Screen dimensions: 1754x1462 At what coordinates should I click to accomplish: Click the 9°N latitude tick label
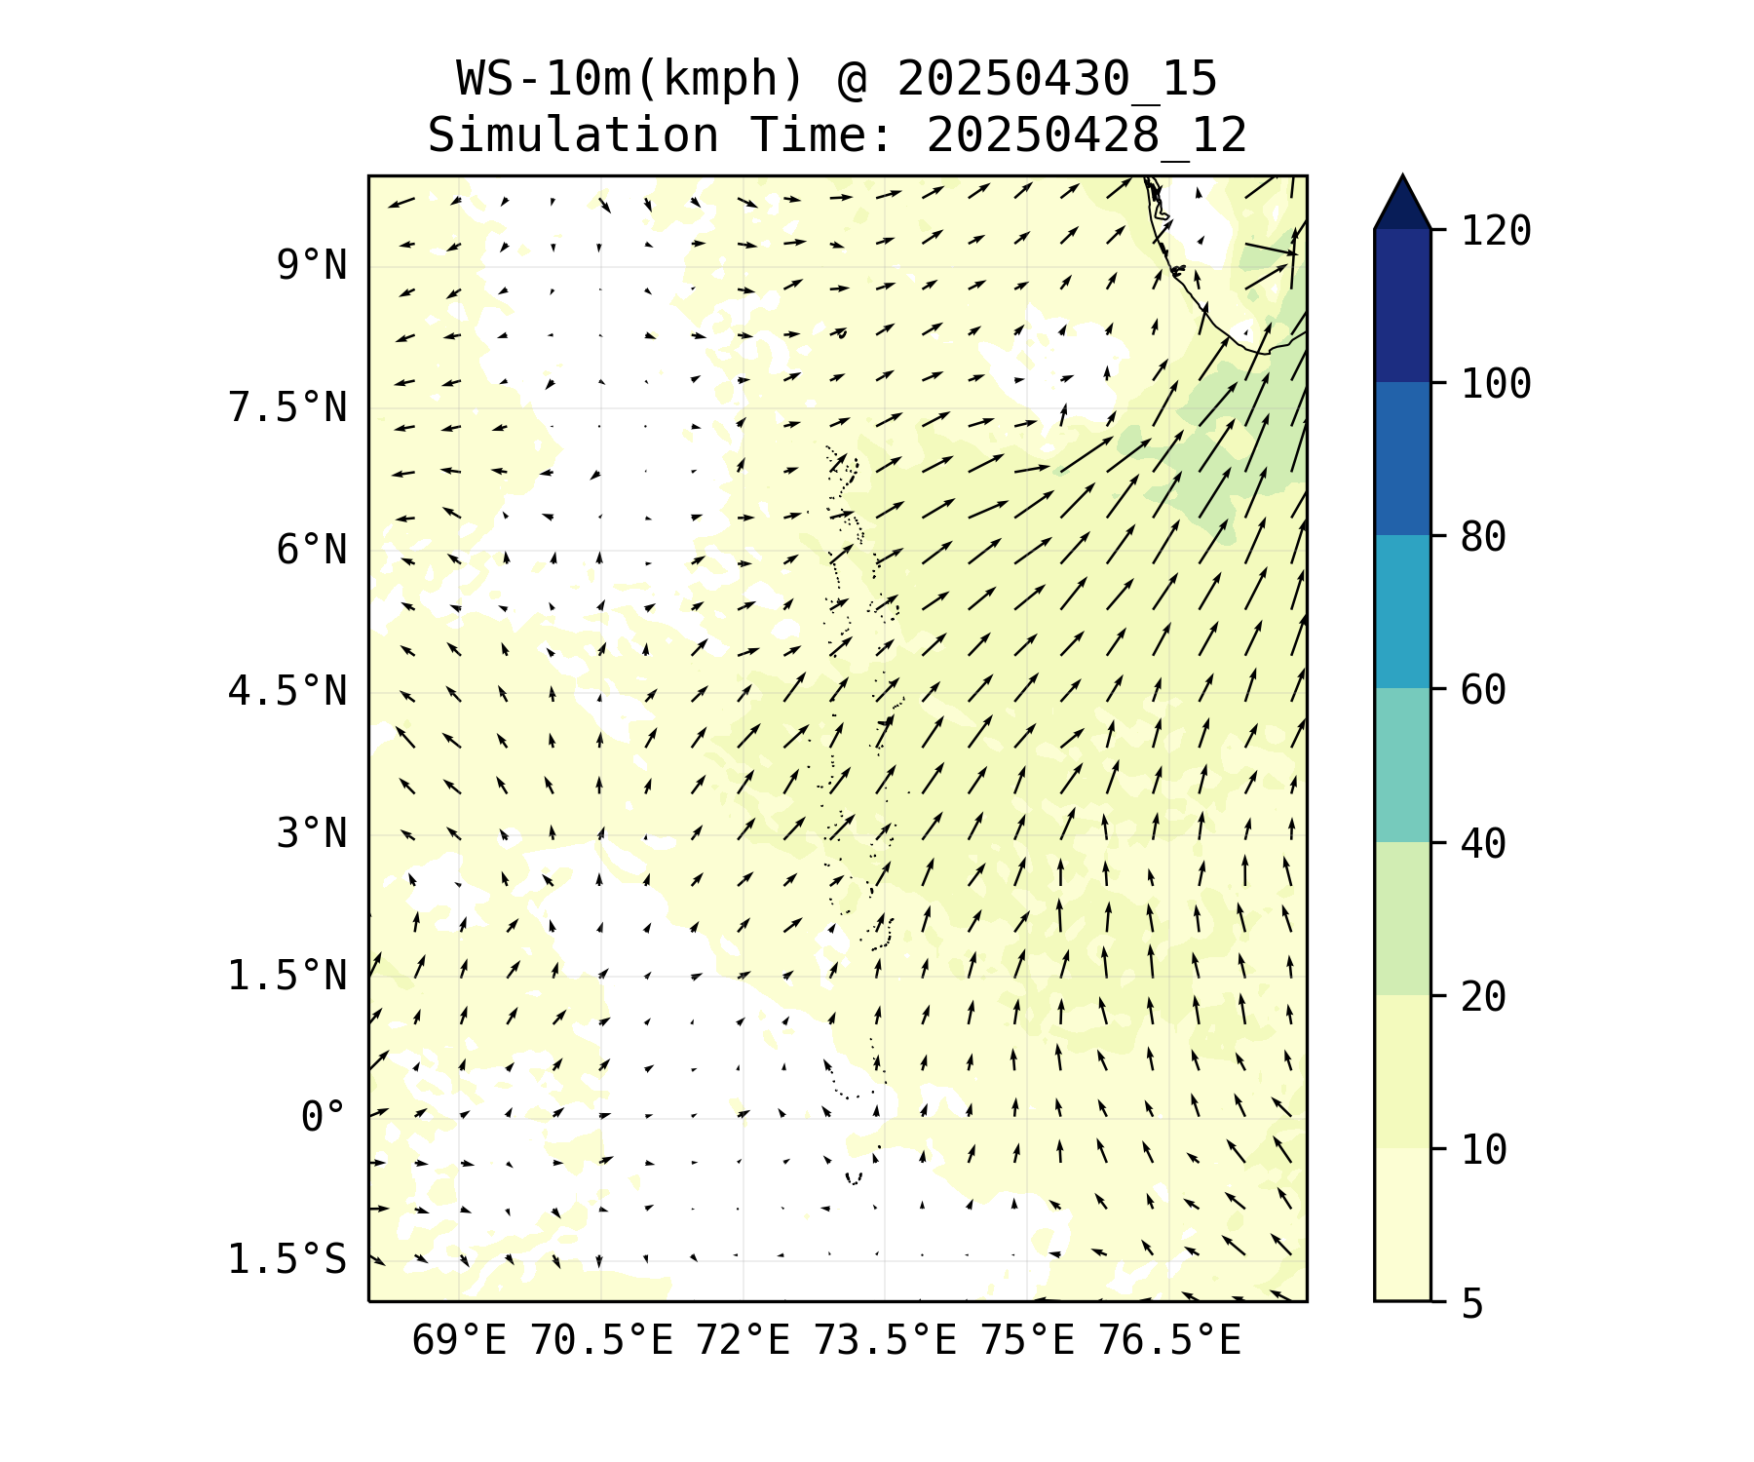[312, 265]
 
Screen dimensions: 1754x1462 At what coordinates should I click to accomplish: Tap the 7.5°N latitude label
[287, 407]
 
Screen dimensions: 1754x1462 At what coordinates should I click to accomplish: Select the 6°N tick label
[312, 550]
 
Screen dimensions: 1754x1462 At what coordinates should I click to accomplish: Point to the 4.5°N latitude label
[287, 692]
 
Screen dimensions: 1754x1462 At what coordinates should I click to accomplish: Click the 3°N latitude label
[312, 833]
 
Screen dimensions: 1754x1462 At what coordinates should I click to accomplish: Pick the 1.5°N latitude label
[287, 976]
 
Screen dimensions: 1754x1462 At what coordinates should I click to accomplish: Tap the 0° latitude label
[324, 1118]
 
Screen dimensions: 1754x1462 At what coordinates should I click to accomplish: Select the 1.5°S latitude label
[287, 1260]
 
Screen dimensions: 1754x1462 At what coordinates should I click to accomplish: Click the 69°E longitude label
[459, 1341]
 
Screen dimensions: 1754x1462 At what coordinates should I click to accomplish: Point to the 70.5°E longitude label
[601, 1341]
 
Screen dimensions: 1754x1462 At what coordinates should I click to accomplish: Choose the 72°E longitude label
[743, 1341]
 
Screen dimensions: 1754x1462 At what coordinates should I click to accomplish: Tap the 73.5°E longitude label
[885, 1341]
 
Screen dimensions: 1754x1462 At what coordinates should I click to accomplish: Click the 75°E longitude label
[1027, 1341]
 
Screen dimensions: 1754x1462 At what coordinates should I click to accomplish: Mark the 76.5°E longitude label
[1169, 1341]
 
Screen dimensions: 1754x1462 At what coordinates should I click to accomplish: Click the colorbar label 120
[1496, 231]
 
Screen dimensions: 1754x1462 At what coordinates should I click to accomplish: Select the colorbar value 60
[1484, 690]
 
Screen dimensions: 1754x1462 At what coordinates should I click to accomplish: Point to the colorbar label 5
[1472, 1303]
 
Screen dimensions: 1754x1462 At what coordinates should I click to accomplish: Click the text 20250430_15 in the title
[1057, 80]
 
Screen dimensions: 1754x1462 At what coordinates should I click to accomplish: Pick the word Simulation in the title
[573, 135]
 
